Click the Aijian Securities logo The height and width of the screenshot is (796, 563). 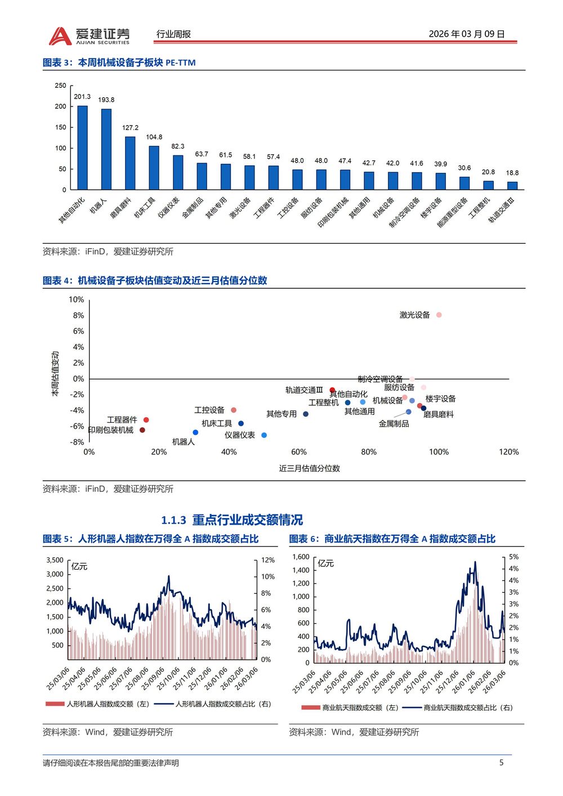tap(89, 35)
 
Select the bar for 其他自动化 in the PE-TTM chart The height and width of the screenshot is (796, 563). tap(82, 147)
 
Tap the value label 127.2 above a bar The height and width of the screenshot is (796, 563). tap(130, 128)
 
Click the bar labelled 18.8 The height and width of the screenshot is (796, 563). tap(512, 185)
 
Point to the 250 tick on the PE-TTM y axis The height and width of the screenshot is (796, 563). tap(60, 86)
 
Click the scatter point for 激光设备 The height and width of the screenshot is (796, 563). tap(439, 315)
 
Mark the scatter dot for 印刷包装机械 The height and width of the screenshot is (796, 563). tap(142, 430)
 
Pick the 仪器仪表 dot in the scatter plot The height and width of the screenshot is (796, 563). tap(264, 435)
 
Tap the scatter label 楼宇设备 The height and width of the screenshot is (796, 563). tap(440, 399)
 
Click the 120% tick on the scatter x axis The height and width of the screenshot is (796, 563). tap(508, 452)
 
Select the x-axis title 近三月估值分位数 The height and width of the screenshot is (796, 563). tap(309, 468)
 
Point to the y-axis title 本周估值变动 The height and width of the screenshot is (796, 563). tap(55, 374)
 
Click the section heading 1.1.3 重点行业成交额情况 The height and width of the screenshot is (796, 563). tap(232, 520)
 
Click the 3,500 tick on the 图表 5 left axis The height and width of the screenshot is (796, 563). tap(55, 560)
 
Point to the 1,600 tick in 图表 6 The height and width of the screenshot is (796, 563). tap(301, 557)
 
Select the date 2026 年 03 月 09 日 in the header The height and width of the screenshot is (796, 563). tap(467, 34)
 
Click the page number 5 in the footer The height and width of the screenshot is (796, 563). tap(502, 763)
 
